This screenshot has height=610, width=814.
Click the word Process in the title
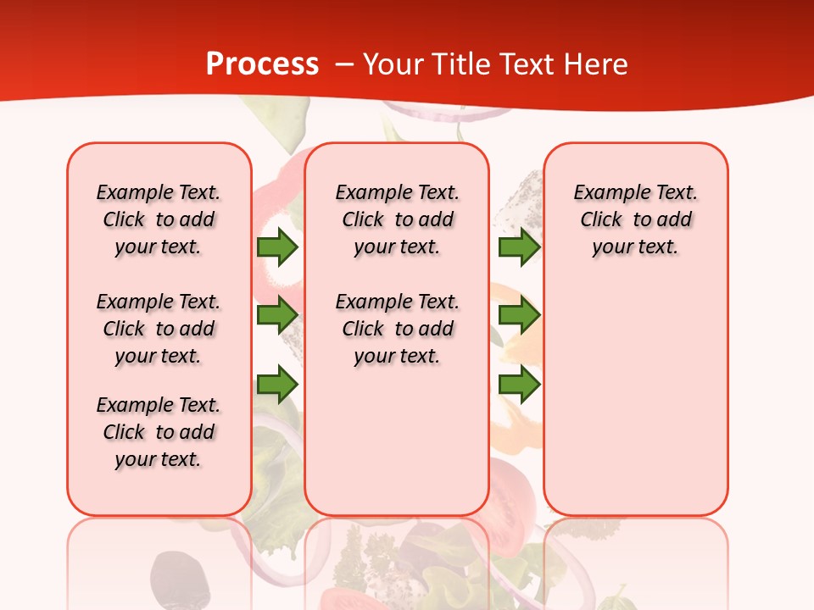click(262, 64)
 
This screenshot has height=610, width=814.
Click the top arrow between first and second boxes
click(277, 247)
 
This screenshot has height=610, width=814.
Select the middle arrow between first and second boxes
click(277, 316)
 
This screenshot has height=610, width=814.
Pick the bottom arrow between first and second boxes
click(277, 385)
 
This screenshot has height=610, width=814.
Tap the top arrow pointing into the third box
click(519, 247)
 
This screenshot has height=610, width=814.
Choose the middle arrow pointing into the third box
click(519, 316)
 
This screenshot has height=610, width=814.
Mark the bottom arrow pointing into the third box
click(519, 385)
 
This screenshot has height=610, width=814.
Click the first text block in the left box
click(159, 219)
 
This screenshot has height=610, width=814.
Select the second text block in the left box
click(159, 329)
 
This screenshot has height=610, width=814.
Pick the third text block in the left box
click(159, 432)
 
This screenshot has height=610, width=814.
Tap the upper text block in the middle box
click(397, 219)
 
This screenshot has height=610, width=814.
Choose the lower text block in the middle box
click(397, 329)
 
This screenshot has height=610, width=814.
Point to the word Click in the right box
click(601, 220)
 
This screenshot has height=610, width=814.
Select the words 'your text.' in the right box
click(635, 247)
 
